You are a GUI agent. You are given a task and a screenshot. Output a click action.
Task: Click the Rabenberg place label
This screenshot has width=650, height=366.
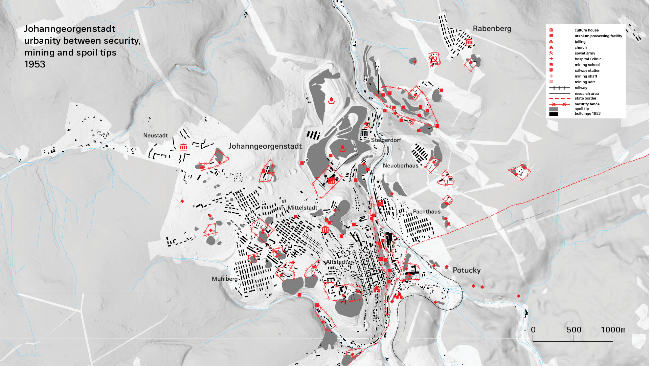[x=492, y=29]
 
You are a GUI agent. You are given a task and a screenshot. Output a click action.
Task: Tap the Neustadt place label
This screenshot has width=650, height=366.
[x=155, y=135]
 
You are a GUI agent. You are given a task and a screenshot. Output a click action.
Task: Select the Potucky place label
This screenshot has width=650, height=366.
[x=467, y=270]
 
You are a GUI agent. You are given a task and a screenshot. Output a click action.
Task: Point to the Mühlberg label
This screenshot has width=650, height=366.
[x=225, y=279]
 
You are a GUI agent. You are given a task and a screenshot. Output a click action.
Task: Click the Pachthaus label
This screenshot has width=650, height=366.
[x=427, y=212]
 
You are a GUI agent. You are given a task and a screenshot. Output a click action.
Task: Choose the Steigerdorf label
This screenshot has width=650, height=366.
[x=386, y=140]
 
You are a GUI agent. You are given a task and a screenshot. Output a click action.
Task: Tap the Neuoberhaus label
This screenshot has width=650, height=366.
[x=401, y=166]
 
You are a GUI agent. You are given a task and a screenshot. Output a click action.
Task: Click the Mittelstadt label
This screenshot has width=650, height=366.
[x=302, y=208]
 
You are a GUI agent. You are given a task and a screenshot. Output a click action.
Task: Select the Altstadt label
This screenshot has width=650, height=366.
[x=336, y=262]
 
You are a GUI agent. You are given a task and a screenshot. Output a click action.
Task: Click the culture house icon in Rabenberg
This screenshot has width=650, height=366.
[x=469, y=42]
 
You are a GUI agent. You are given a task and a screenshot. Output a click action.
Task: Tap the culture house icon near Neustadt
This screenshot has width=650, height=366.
[x=183, y=147]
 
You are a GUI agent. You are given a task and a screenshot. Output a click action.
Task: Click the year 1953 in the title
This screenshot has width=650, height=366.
[x=35, y=64]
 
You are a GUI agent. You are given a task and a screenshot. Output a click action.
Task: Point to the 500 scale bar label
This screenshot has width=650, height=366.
[x=574, y=330]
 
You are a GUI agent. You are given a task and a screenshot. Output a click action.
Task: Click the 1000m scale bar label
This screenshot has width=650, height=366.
[x=613, y=330]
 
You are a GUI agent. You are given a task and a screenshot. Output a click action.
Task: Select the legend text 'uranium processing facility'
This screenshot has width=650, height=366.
[x=598, y=36]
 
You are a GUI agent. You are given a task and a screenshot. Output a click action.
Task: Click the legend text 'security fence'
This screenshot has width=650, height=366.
[x=587, y=104]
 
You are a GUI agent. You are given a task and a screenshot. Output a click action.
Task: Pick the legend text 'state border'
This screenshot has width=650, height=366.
[x=585, y=98]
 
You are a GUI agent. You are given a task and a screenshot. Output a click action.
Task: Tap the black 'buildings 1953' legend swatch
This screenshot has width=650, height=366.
[x=554, y=114]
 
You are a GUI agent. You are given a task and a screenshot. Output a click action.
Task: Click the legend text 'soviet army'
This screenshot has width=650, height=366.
[x=585, y=53]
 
